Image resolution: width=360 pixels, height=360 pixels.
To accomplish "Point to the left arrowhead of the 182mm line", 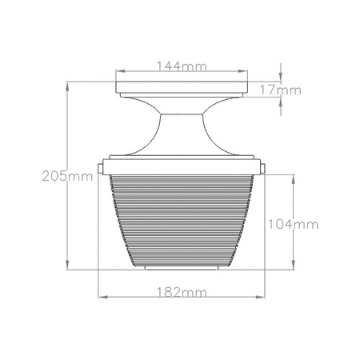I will tap(101, 296).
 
